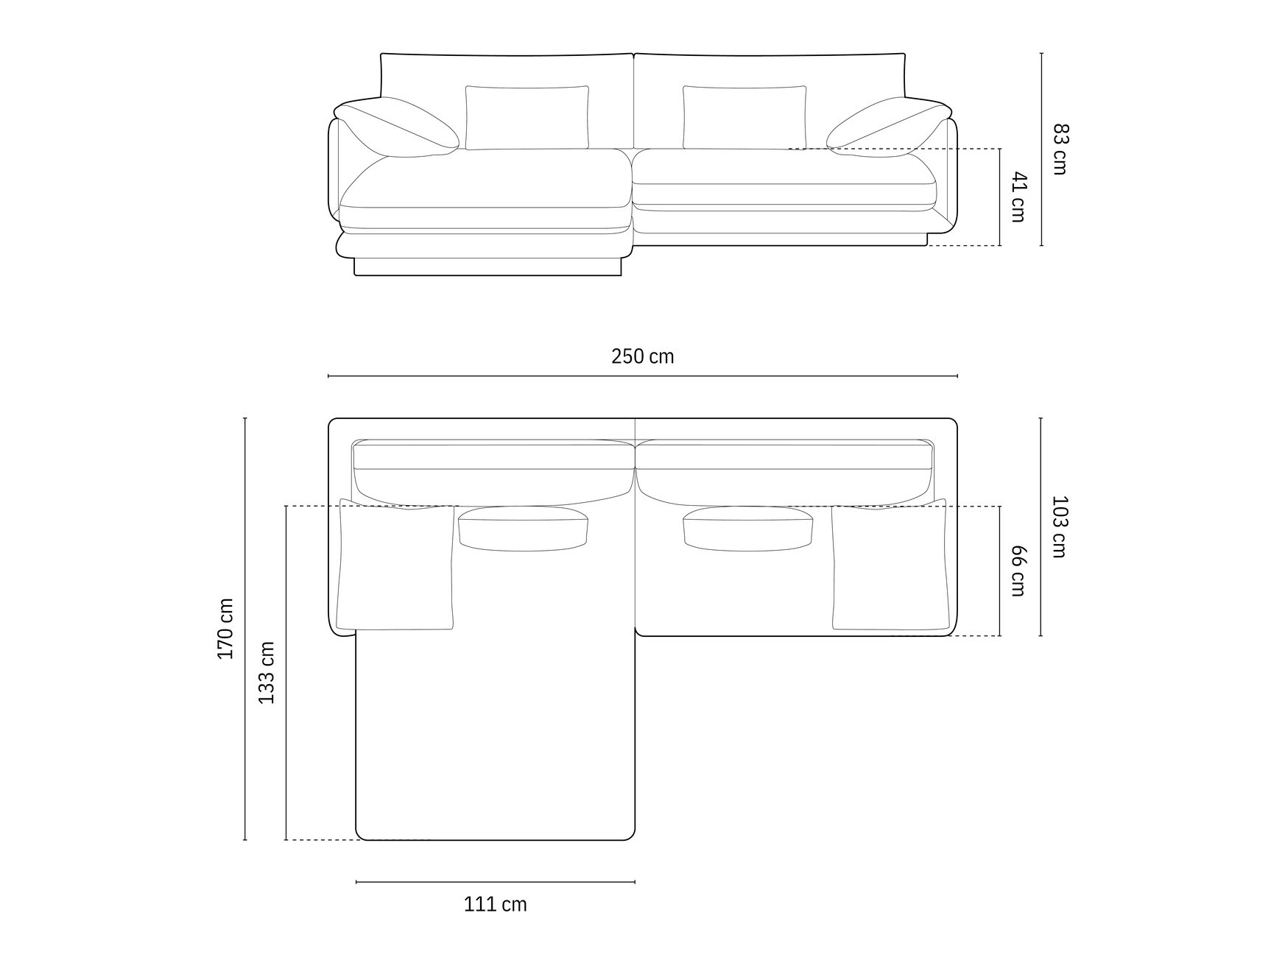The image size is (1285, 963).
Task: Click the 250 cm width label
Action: [642, 356]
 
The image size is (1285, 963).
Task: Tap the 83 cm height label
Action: [1060, 149]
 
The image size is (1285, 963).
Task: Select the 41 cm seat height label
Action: [1018, 197]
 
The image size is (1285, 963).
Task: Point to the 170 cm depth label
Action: [225, 628]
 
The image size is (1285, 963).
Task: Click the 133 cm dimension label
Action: [266, 672]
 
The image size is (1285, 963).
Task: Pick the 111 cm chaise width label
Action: [495, 904]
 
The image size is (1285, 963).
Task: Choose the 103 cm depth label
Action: [1059, 526]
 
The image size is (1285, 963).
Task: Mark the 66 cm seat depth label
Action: [1018, 571]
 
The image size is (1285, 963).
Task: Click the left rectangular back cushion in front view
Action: [527, 118]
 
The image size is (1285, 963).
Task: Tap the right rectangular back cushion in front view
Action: [744, 118]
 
